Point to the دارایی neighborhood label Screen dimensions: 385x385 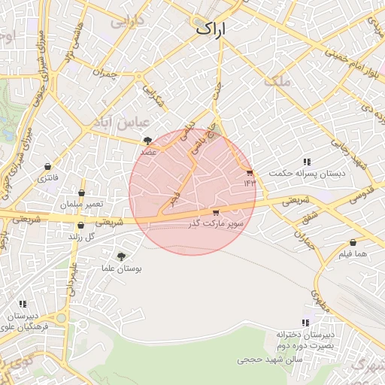(x=127, y=23)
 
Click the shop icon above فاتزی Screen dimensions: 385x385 (x=48, y=166)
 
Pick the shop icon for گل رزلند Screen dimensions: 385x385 (x=80, y=225)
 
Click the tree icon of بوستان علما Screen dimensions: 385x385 (x=121, y=256)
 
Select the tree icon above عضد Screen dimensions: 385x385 (x=148, y=140)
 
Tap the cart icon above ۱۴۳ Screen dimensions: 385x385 (x=250, y=172)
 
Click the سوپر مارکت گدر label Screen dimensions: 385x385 (x=217, y=224)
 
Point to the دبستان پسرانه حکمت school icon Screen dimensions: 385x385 (x=307, y=162)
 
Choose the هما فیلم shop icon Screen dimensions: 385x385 (x=353, y=243)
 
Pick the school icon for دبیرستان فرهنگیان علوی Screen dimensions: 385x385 (x=23, y=305)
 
